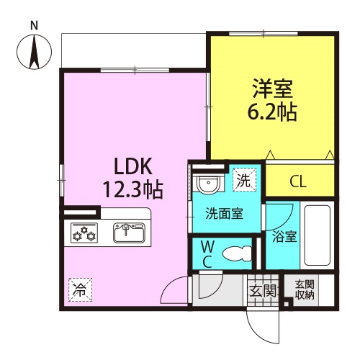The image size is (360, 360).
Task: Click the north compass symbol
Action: click(34, 52)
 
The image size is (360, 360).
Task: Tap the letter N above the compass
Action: click(35, 26)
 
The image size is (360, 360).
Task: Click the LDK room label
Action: click(133, 166)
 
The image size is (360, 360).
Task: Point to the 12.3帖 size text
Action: click(133, 190)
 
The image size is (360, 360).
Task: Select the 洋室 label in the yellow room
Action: click(272, 89)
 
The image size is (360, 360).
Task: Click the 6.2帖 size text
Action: click(272, 112)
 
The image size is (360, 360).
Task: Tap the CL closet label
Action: click(298, 181)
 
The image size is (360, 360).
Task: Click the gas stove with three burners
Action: click(84, 233)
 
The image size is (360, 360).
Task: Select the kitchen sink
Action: click(129, 233)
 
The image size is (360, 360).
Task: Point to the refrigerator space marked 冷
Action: click(81, 289)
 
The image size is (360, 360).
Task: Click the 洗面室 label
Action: click(224, 213)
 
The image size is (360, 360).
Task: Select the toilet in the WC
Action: click(237, 253)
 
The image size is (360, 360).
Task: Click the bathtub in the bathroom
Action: click(317, 235)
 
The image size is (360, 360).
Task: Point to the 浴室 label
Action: click(284, 236)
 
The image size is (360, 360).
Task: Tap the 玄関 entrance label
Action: click(264, 291)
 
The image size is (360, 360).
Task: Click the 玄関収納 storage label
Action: click(305, 290)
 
